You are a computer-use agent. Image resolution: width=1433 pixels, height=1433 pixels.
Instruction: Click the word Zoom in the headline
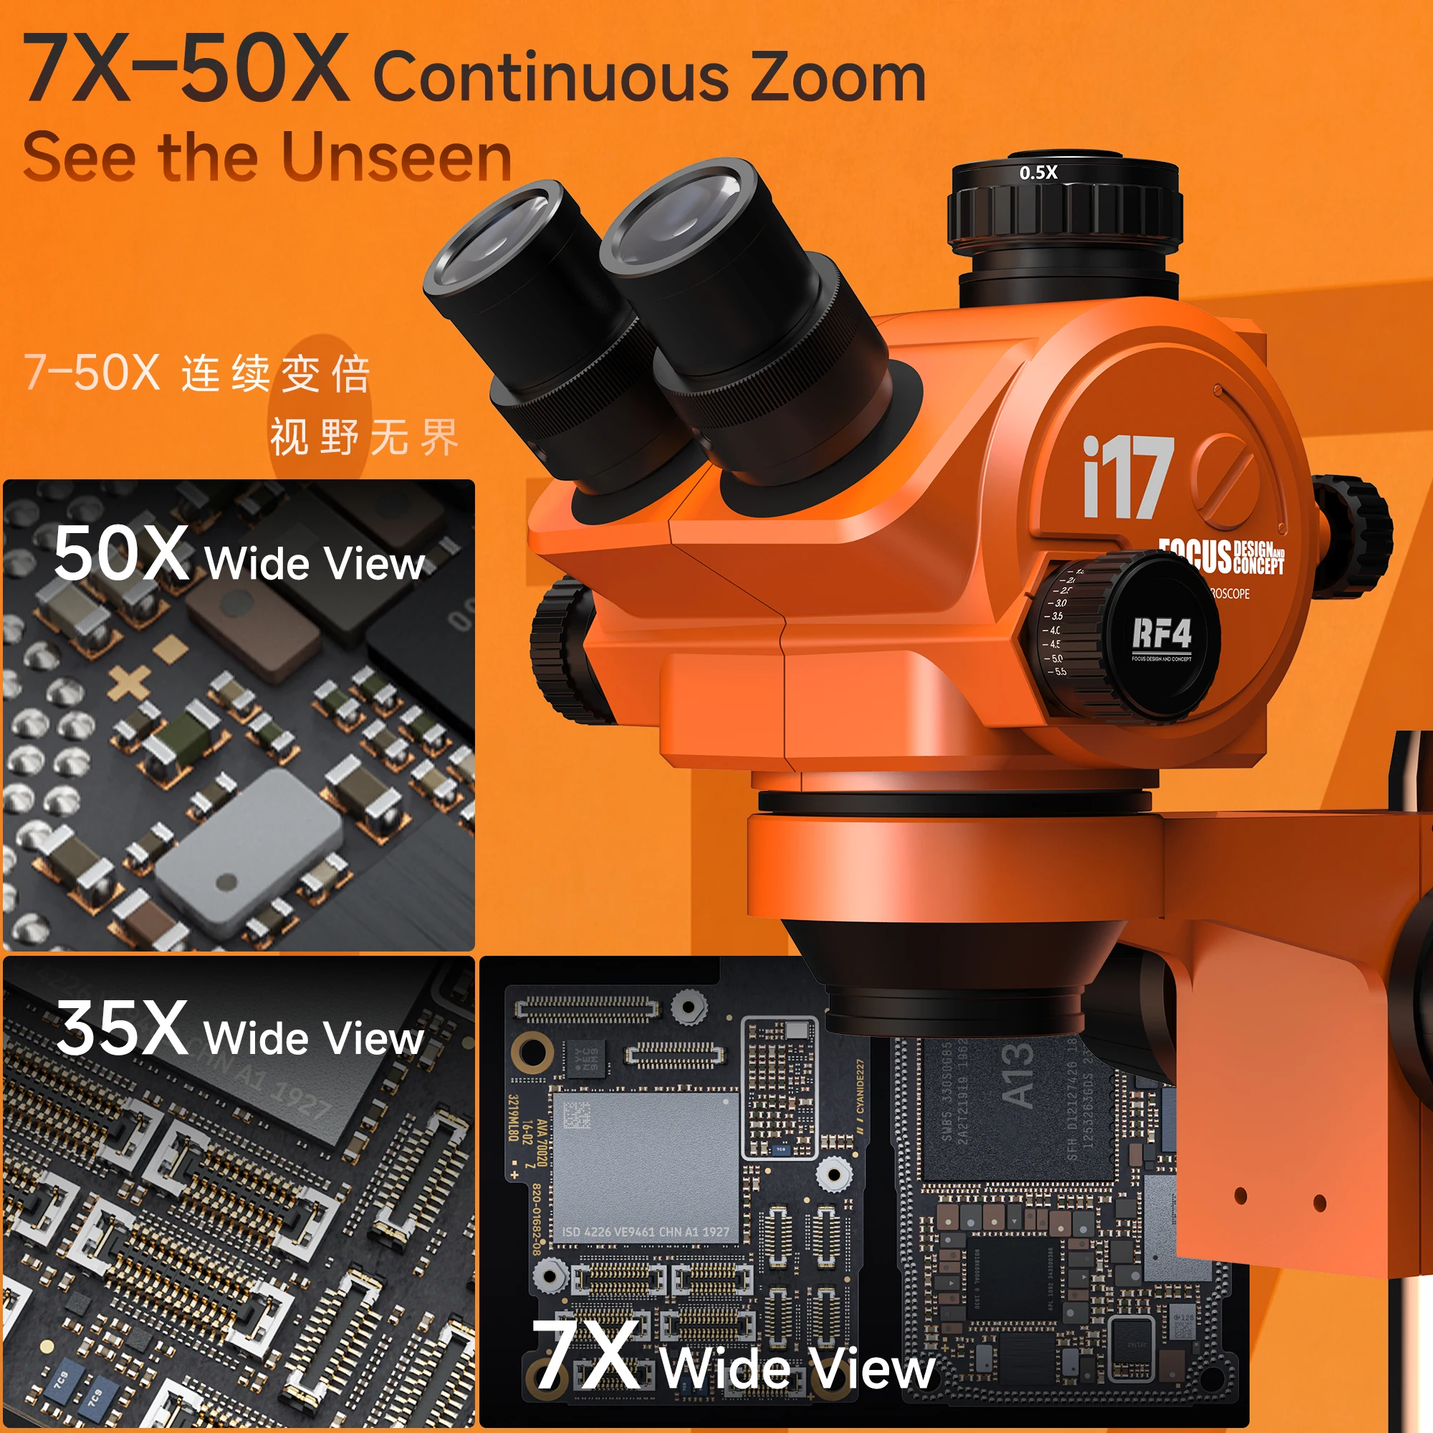click(x=838, y=78)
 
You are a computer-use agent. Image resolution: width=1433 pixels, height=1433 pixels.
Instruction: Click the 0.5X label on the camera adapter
click(x=1037, y=173)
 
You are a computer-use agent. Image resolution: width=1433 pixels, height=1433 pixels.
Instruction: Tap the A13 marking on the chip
click(x=1017, y=1076)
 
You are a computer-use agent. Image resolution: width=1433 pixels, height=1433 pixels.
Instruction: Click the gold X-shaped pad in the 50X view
click(x=129, y=682)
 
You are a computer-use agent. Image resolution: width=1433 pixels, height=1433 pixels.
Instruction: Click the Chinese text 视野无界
click(x=363, y=437)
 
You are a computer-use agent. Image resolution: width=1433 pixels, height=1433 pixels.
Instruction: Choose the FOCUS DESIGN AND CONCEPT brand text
click(x=1221, y=555)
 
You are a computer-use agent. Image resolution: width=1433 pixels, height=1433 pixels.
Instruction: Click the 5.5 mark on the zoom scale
click(x=1058, y=672)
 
